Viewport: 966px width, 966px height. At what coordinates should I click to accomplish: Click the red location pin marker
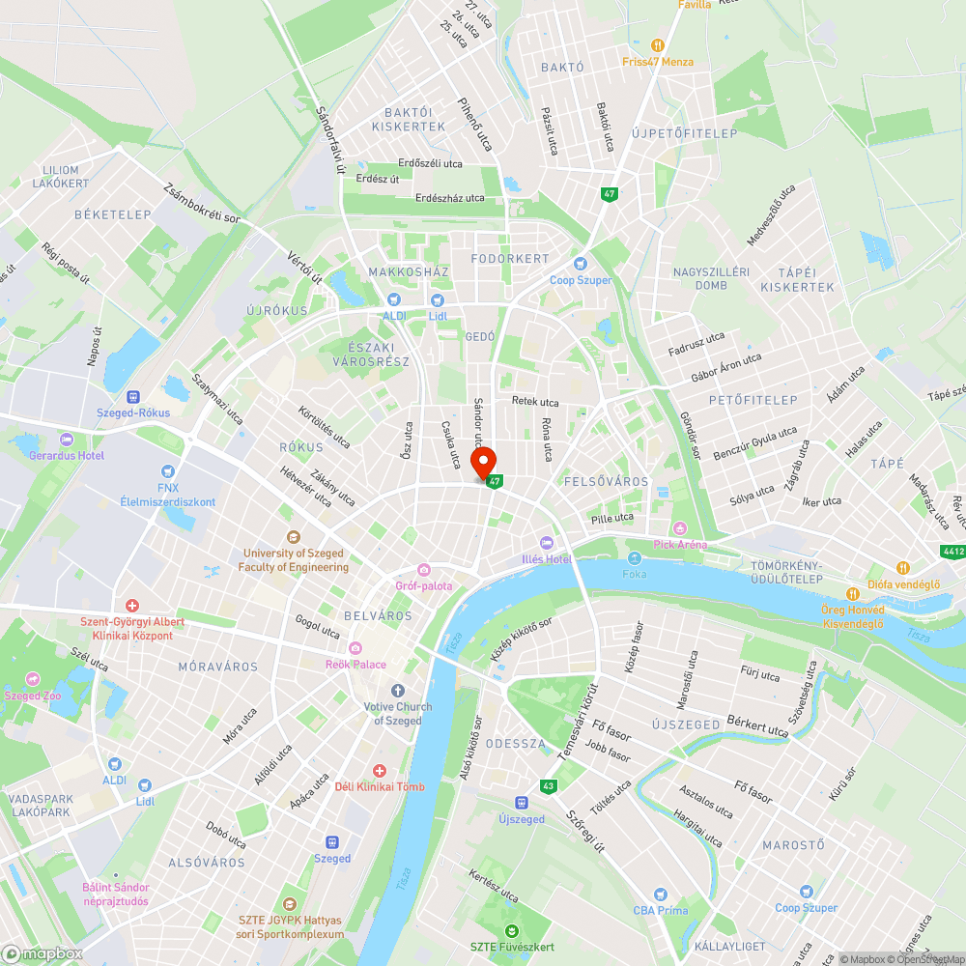pos(482,462)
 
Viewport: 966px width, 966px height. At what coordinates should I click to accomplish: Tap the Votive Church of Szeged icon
pos(398,691)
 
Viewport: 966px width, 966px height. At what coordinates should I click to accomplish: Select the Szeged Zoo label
pos(37,696)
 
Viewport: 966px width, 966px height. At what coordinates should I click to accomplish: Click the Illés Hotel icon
pos(547,543)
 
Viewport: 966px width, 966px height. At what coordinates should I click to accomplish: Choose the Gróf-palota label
pos(424,586)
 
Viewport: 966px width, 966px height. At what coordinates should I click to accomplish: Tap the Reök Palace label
pos(355,664)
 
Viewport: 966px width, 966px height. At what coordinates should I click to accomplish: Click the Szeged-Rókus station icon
pos(133,396)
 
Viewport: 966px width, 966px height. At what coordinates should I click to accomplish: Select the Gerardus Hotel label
pos(67,455)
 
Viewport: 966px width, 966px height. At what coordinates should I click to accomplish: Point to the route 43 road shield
pos(549,786)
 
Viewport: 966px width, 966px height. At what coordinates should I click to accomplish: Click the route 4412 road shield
pos(953,552)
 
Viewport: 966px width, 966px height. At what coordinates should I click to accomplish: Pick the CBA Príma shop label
pos(660,910)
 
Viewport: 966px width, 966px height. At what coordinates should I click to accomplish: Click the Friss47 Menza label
pos(658,62)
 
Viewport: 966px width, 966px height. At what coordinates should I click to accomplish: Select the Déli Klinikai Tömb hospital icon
pos(379,771)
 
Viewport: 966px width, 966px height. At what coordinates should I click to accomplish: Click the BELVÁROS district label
pos(378,615)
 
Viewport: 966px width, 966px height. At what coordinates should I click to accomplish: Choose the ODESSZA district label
pos(515,744)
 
